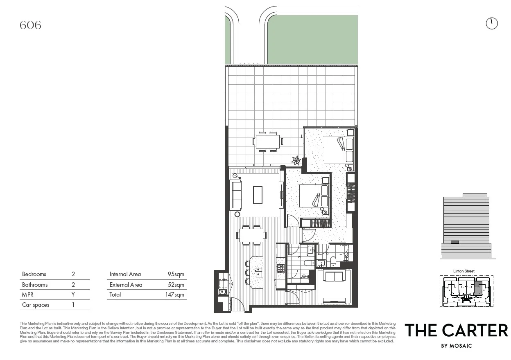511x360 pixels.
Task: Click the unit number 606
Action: tap(30, 25)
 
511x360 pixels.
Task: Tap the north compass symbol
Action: tap(491, 24)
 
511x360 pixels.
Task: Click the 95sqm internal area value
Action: tap(176, 274)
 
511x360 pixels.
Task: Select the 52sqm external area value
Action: tap(176, 285)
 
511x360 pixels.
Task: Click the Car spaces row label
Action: tap(36, 305)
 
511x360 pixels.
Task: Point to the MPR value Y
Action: tap(73, 295)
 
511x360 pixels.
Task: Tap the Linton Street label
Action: tap(464, 271)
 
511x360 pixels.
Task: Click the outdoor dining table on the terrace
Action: tap(268, 142)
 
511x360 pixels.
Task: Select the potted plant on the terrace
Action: tap(296, 160)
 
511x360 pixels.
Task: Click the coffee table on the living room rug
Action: tap(258, 195)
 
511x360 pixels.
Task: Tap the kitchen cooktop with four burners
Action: tap(280, 268)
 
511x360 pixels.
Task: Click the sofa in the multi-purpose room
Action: tap(334, 277)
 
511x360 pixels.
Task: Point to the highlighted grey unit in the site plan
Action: tap(478, 288)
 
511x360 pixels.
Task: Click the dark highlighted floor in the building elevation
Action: tap(454, 242)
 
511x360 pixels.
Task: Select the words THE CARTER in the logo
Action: tap(456, 331)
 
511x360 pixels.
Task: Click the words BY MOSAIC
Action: tap(456, 346)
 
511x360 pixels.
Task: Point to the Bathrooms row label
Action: tap(35, 285)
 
